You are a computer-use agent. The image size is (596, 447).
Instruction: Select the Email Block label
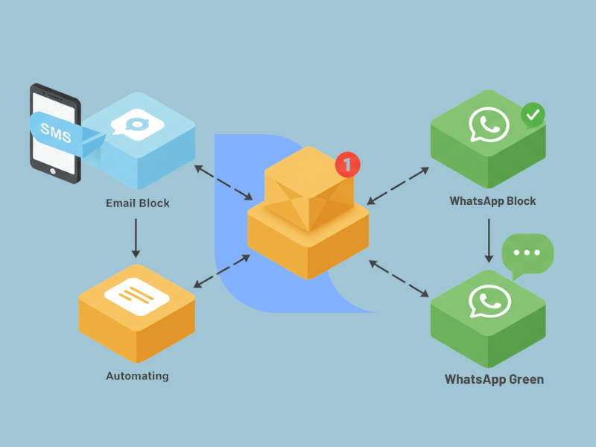[x=137, y=203]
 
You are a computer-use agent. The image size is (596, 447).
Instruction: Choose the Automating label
[x=137, y=375]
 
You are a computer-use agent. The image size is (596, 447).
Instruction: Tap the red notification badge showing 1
[x=347, y=164]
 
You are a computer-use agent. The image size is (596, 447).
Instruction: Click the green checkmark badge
[x=532, y=115]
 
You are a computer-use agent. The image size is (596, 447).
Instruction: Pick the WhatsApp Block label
[x=492, y=201]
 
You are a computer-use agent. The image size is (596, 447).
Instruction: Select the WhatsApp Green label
[x=494, y=379]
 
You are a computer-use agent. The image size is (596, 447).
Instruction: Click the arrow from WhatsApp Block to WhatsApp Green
[x=489, y=240]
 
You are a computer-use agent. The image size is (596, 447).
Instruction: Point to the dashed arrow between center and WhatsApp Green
[x=400, y=279]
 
